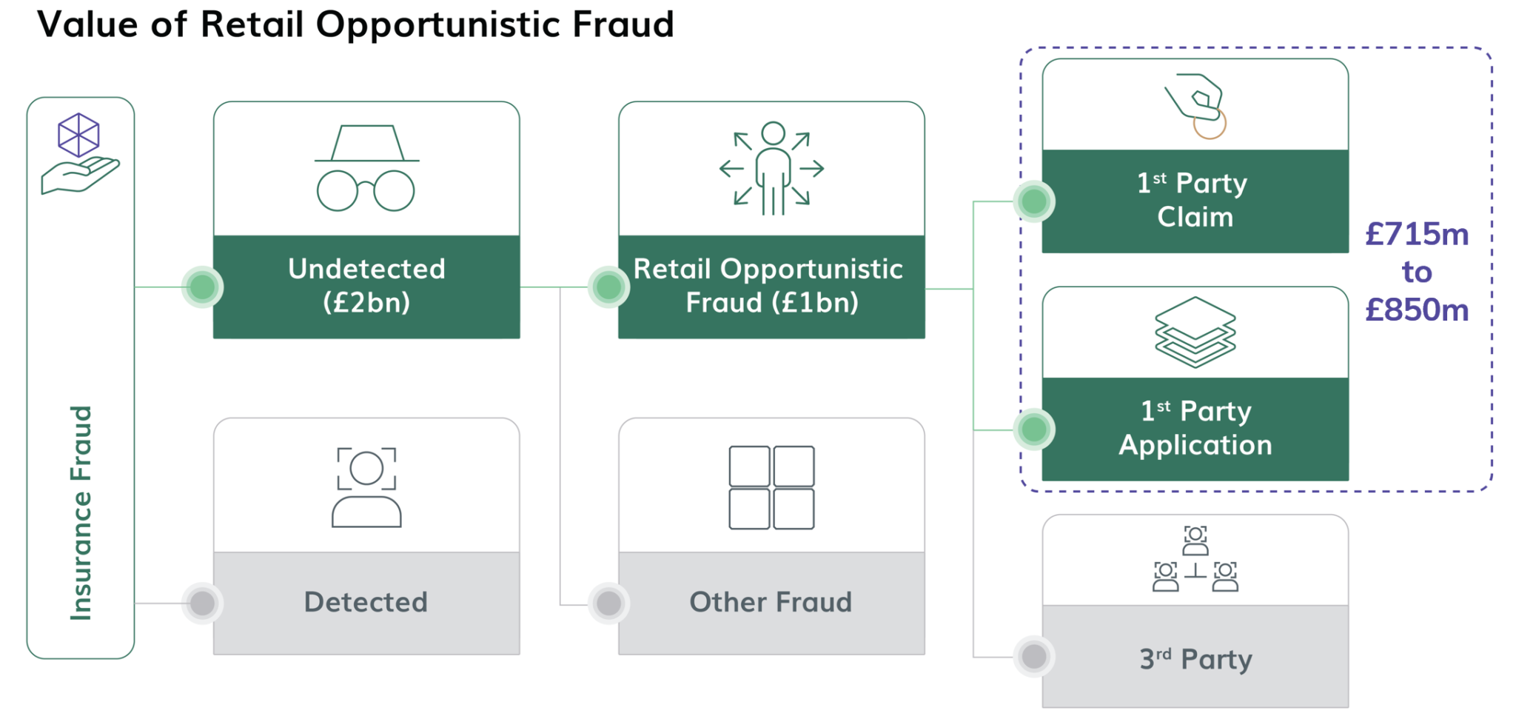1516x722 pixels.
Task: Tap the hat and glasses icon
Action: click(x=366, y=168)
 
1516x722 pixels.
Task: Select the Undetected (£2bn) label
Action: click(x=366, y=286)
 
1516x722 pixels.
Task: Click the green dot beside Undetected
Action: click(x=202, y=287)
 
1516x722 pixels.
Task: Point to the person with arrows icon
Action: click(x=772, y=169)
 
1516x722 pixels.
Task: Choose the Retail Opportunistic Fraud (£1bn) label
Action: click(x=770, y=286)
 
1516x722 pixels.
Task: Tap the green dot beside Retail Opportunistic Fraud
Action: click(x=608, y=287)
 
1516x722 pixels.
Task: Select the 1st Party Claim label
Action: click(x=1194, y=200)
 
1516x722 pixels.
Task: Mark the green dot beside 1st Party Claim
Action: click(x=1033, y=201)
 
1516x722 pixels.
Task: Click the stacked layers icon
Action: click(x=1195, y=332)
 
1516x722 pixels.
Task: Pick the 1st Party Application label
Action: click(x=1195, y=428)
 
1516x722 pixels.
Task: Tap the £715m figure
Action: click(x=1416, y=234)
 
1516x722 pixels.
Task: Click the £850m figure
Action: click(x=1416, y=310)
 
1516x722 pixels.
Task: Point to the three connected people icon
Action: click(x=1195, y=559)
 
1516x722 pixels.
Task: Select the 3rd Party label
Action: click(x=1195, y=658)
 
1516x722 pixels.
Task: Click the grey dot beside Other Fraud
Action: click(x=608, y=603)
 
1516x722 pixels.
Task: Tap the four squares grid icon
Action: click(x=771, y=487)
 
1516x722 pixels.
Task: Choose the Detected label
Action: click(x=366, y=602)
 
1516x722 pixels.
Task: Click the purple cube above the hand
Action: click(x=78, y=135)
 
